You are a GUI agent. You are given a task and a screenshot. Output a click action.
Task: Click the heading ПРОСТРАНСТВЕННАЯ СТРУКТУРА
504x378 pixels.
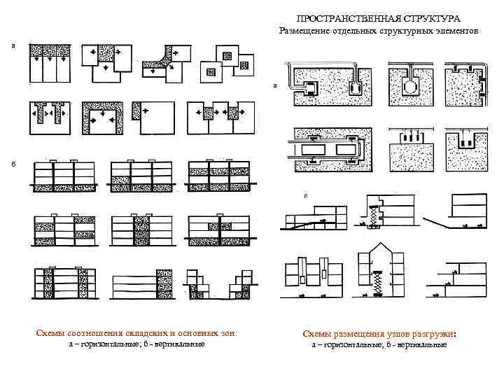pos(378,18)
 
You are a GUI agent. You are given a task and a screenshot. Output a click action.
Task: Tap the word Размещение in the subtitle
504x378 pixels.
pos(308,31)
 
